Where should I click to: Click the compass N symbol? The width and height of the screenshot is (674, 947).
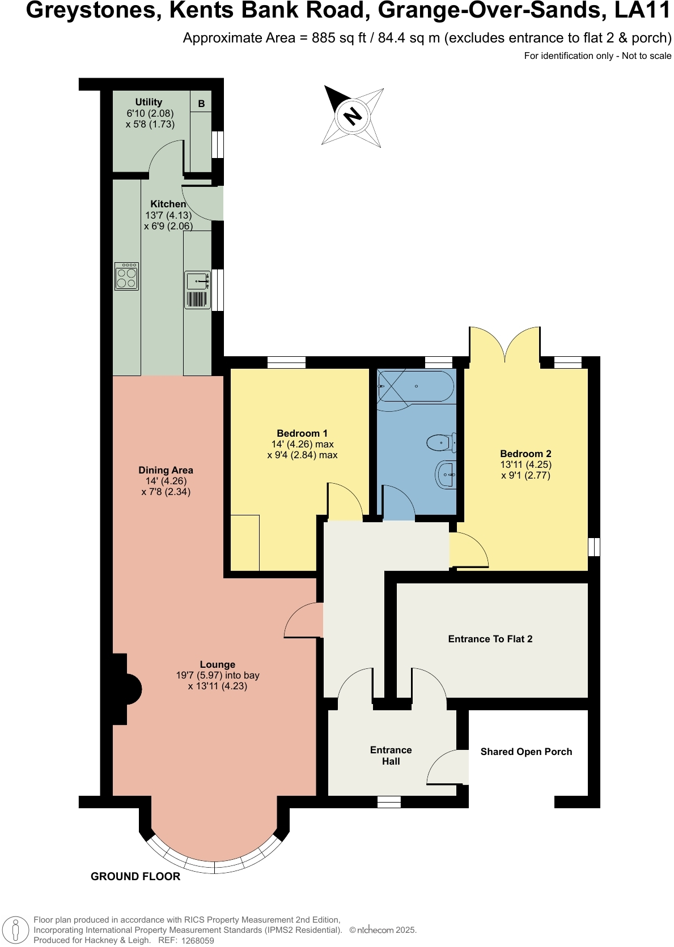pyautogui.click(x=353, y=116)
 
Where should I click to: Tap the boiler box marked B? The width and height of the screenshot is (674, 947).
pyautogui.click(x=201, y=104)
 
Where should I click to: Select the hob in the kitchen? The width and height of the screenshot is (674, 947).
pyautogui.click(x=126, y=276)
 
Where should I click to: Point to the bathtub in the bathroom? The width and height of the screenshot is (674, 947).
pyautogui.click(x=416, y=386)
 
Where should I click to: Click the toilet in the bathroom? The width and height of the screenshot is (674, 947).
pyautogui.click(x=442, y=442)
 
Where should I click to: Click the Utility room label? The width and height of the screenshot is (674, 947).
pyautogui.click(x=149, y=102)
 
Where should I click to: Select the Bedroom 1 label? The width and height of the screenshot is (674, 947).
pyautogui.click(x=302, y=433)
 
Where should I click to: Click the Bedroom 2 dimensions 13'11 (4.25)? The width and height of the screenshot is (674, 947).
pyautogui.click(x=525, y=464)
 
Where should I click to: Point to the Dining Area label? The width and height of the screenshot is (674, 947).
pyautogui.click(x=166, y=470)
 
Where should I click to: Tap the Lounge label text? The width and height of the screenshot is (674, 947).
pyautogui.click(x=217, y=664)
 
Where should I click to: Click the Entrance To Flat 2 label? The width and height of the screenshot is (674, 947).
pyautogui.click(x=490, y=639)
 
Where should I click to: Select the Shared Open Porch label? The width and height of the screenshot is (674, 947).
pyautogui.click(x=526, y=752)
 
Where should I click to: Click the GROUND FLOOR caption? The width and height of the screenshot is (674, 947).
pyautogui.click(x=135, y=876)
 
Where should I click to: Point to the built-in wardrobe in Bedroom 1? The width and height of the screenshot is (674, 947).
pyautogui.click(x=245, y=543)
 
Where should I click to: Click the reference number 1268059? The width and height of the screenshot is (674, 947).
pyautogui.click(x=197, y=941)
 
